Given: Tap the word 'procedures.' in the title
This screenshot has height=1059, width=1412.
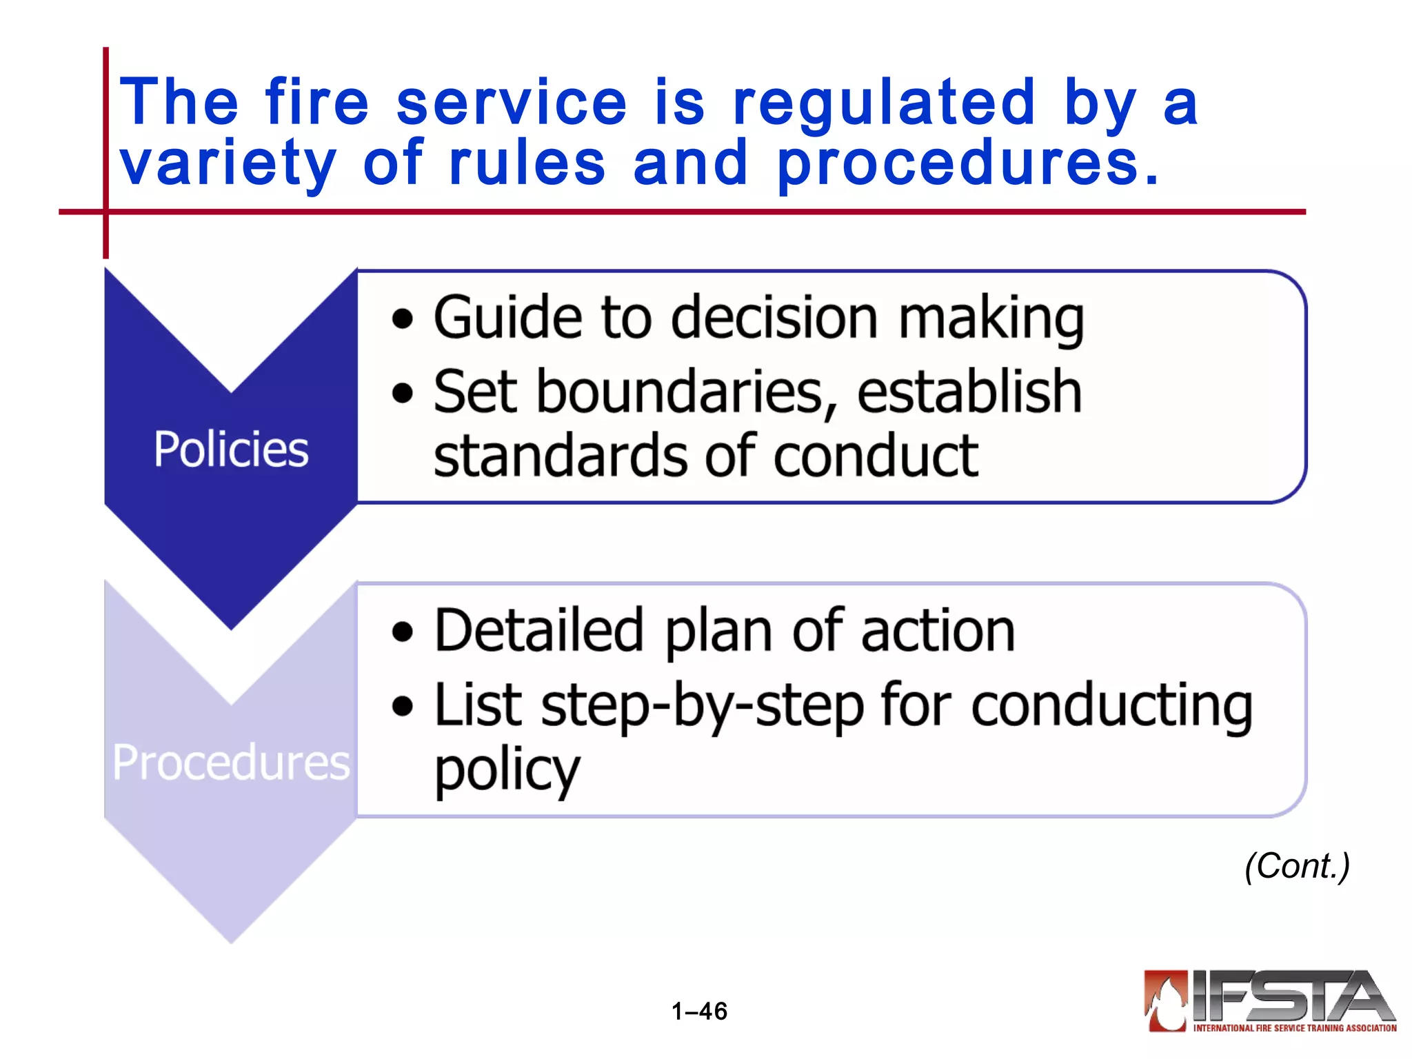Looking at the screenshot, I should [x=969, y=164].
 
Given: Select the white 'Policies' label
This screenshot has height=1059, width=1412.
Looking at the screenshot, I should [x=231, y=450].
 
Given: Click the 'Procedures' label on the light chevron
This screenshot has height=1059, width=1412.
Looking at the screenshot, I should [x=231, y=763].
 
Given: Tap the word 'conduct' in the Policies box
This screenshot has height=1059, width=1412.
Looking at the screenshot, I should [x=876, y=456].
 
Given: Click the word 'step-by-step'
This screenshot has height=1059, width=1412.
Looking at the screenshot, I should [x=703, y=706].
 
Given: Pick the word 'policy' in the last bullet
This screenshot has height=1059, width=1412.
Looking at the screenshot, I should [x=507, y=771].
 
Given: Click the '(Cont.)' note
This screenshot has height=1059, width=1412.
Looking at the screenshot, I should [x=1296, y=866].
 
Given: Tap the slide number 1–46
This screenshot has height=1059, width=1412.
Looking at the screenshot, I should [x=699, y=1011].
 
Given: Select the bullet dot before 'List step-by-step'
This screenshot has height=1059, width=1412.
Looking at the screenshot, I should [x=403, y=706].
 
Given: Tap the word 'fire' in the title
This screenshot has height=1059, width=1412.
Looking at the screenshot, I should [x=317, y=103].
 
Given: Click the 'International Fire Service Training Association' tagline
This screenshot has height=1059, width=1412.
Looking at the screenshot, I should [x=1295, y=1028].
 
